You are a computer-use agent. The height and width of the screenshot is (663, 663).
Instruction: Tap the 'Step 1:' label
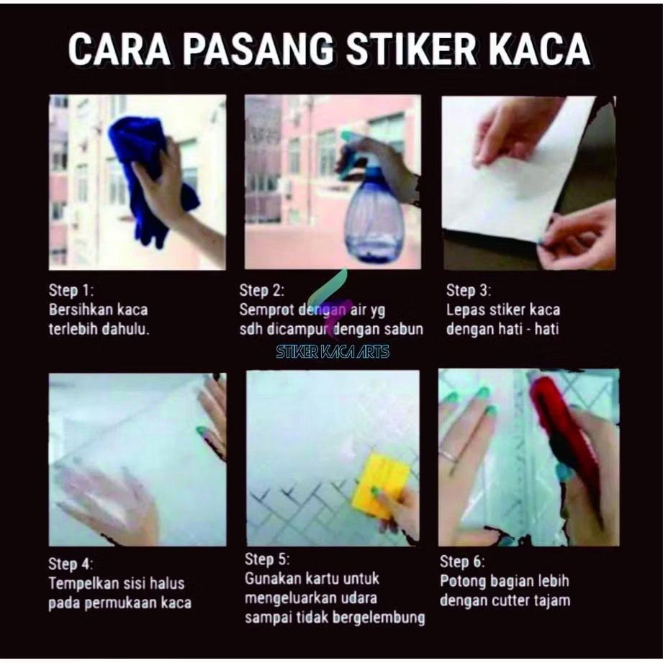71,291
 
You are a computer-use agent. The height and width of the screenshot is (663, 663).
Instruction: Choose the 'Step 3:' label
469,291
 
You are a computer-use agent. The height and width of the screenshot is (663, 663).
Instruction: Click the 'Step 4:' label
71,564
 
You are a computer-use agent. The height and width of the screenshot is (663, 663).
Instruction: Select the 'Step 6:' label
462,561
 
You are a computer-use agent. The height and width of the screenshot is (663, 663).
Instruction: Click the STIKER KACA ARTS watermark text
333,352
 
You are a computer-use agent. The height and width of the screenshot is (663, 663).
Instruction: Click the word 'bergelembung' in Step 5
379,618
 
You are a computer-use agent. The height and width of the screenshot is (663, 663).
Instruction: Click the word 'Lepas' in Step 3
466,310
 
